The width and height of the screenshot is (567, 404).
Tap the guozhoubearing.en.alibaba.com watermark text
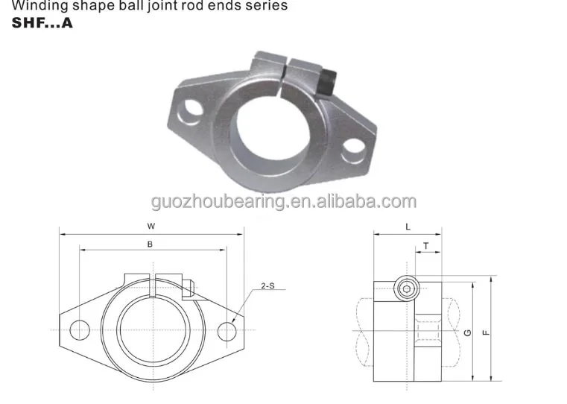tap(283, 201)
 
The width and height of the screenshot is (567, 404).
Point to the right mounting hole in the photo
tap(352, 155)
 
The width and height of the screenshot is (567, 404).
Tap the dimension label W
tap(151, 225)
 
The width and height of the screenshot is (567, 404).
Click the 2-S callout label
tap(267, 285)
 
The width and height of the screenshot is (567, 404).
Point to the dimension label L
tap(408, 225)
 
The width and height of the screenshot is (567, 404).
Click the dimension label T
tap(425, 244)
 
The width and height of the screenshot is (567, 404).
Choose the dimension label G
tap(466, 332)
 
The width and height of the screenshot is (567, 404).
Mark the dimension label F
tap(486, 332)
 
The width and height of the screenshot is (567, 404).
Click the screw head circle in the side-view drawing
tap(405, 287)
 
